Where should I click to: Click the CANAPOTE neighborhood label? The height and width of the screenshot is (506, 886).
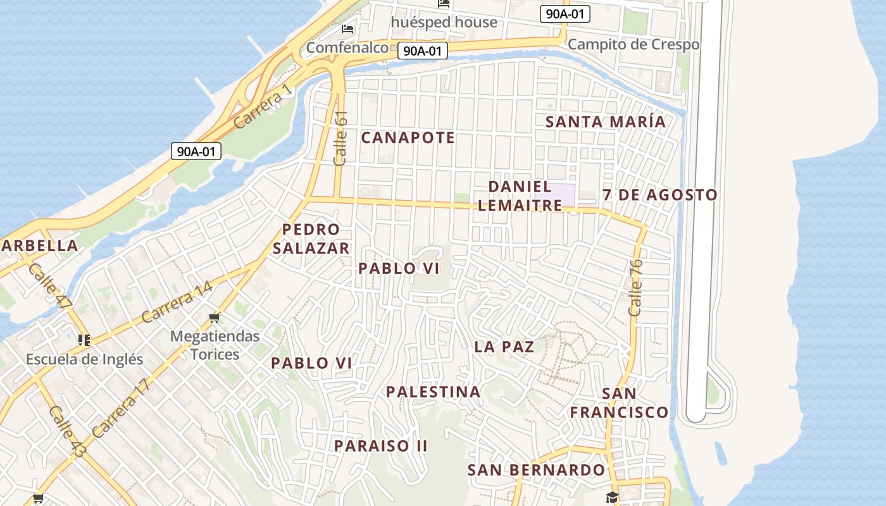point(408,137)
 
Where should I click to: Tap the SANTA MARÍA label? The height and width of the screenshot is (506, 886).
point(606,121)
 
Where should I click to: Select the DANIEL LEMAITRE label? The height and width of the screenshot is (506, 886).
point(520,195)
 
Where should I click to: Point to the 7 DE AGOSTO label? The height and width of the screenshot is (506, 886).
point(660,195)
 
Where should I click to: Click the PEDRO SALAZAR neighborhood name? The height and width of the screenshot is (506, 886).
point(311,238)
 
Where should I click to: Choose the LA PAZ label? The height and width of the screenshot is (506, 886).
point(504,347)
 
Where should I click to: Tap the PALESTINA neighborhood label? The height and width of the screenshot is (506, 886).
point(434,392)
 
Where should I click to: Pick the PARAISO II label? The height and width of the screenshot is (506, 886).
point(381,446)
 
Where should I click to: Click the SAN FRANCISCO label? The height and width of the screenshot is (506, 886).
point(619,403)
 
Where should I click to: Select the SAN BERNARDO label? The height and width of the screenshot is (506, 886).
point(536,470)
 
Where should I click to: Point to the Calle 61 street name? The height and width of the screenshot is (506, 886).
point(340,139)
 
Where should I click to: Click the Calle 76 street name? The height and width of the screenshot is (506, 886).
point(635,287)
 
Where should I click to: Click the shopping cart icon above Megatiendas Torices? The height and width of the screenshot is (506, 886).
point(215,318)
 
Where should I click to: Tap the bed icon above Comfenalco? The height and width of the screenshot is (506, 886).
point(347,29)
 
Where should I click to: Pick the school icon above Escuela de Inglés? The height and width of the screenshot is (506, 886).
point(84,340)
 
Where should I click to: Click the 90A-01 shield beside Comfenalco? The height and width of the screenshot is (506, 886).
point(422,51)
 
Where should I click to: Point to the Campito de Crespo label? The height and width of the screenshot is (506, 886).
point(633,44)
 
